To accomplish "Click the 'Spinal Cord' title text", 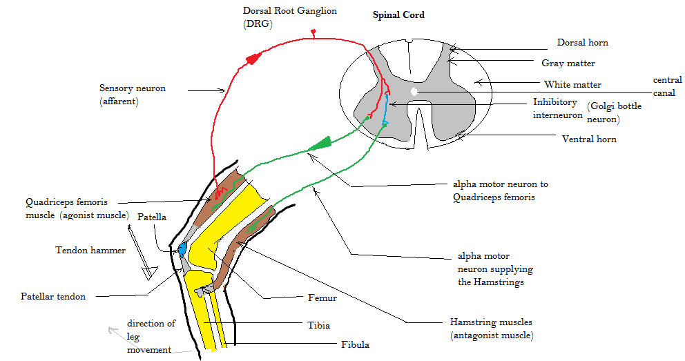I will pos(398,14).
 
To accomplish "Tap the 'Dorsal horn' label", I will pos(582,43).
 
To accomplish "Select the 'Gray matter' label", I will pos(568,64).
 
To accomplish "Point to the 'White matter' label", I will pos(572,85).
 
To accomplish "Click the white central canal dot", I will pos(414,90).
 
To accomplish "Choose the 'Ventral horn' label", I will pos(589,139).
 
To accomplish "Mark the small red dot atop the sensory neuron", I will pos(313,32).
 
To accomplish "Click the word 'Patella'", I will pos(152,217).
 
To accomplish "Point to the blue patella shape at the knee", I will pos(183,247).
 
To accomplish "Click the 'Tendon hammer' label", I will pos(90,251).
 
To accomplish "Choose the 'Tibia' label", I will pos(318,325).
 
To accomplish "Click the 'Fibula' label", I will pos(355,344).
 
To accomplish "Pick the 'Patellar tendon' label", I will pos(53,297).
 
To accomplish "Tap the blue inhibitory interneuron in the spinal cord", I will pos(386,110).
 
